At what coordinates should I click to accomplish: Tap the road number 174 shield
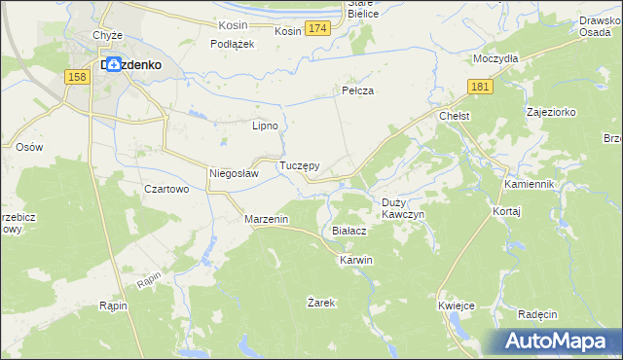pyautogui.click(x=316, y=31)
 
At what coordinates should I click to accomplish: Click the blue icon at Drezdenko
pyautogui.click(x=115, y=64)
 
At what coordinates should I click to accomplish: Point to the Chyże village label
pyautogui.click(x=107, y=35)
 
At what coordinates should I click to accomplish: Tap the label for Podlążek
pyautogui.click(x=233, y=44)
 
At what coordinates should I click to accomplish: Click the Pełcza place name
pyautogui.click(x=358, y=90)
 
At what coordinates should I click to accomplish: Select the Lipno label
pyautogui.click(x=266, y=126)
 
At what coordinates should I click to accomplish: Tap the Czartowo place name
pyautogui.click(x=165, y=189)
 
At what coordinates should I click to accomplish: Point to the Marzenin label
pyautogui.click(x=266, y=220)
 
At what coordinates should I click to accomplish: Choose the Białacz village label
pyautogui.click(x=348, y=231)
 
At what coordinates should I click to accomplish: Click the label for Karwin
pyautogui.click(x=355, y=261)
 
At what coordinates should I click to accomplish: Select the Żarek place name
pyautogui.click(x=321, y=303)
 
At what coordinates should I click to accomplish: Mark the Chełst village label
pyautogui.click(x=455, y=116)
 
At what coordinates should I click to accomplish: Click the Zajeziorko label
pyautogui.click(x=551, y=112)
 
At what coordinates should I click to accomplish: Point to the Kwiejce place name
pyautogui.click(x=457, y=306)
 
